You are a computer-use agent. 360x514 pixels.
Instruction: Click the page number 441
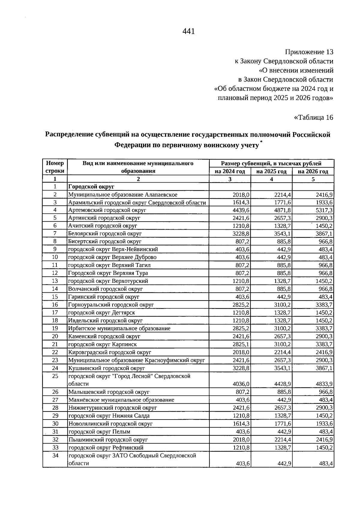(189, 31)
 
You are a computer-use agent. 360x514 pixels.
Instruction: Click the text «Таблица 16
(314, 117)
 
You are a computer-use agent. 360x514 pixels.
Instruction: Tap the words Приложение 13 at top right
(309, 52)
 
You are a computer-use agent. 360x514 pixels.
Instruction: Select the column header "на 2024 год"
(230, 172)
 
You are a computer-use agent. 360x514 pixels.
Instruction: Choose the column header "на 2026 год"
(313, 172)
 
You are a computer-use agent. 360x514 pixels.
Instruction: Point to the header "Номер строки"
(55, 167)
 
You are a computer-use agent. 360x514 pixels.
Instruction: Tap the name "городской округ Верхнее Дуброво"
(112, 257)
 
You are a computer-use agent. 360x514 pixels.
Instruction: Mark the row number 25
(55, 376)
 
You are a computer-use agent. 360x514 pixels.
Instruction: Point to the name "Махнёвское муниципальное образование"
(121, 400)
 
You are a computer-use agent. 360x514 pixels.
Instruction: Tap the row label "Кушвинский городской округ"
(106, 368)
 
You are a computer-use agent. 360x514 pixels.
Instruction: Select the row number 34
(55, 456)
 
